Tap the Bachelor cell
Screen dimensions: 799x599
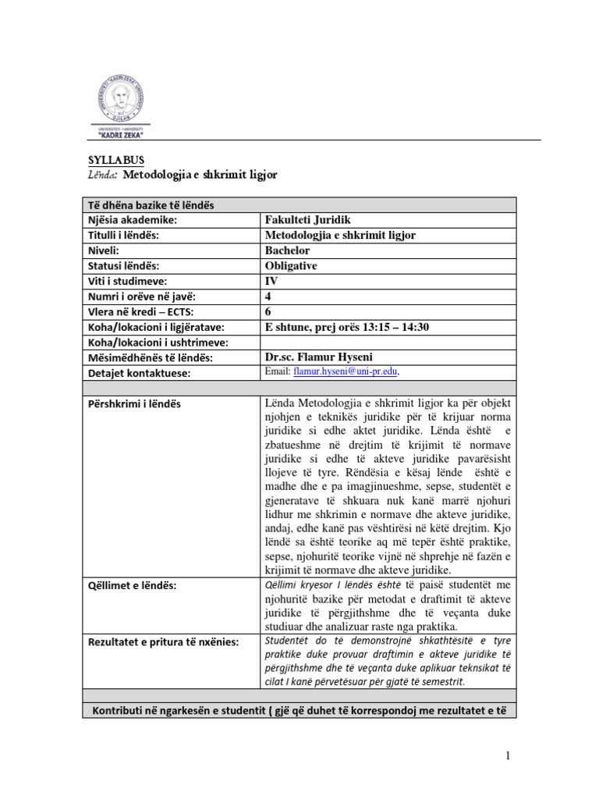(288, 250)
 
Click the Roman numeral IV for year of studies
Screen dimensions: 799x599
(272, 281)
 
